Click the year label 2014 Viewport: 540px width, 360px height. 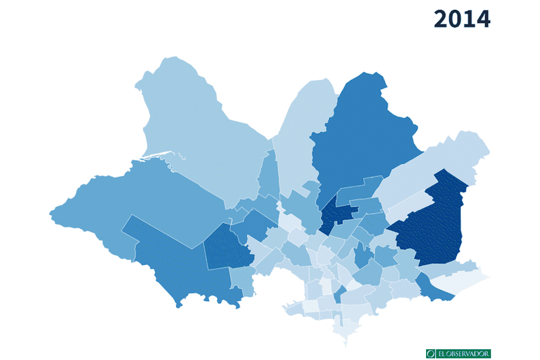[x=462, y=19]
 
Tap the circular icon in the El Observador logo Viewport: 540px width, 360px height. [x=430, y=354]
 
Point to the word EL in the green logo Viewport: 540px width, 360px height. [x=440, y=354]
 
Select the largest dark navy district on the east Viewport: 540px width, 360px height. [x=432, y=227]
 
